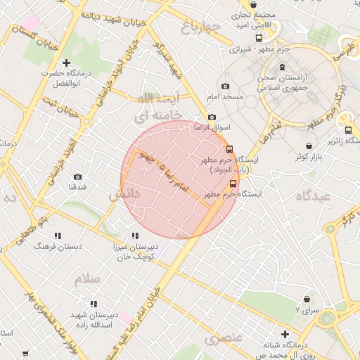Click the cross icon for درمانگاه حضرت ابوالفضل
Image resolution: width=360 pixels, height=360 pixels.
tap(67, 63)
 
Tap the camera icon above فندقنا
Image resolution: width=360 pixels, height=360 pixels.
tap(77, 176)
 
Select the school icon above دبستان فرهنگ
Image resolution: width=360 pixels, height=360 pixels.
tap(58, 236)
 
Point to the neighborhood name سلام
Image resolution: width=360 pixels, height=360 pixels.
tap(89, 279)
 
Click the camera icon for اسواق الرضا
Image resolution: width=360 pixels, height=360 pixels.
tap(212, 117)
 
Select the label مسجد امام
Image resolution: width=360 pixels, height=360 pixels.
tap(243, 96)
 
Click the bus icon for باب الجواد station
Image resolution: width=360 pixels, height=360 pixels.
tap(229, 149)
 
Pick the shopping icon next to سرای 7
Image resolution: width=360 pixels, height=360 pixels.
tap(307, 299)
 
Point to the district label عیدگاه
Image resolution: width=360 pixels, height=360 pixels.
tap(313, 196)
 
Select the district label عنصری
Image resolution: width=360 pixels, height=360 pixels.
tap(224, 340)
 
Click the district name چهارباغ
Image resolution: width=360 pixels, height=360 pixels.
tap(201, 28)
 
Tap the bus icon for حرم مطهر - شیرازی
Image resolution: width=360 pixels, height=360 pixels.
tap(259, 39)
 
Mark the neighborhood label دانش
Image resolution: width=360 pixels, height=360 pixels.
tap(124, 194)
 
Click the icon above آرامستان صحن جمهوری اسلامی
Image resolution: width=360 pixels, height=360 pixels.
tap(282, 67)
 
